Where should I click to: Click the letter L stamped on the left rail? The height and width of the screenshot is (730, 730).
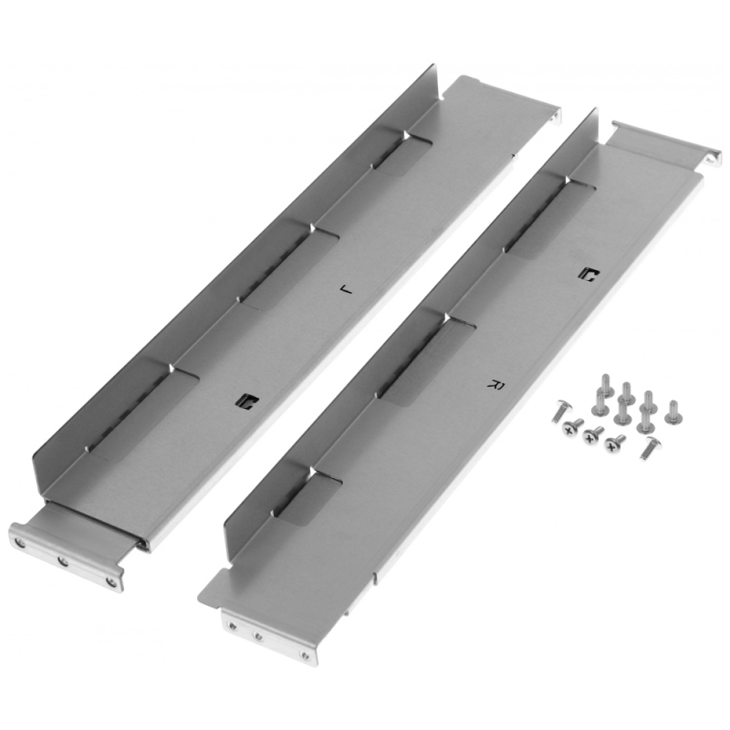[x=347, y=290]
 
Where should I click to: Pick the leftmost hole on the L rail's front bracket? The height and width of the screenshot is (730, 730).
[x=20, y=542]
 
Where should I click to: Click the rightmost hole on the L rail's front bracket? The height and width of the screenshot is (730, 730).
[x=110, y=581]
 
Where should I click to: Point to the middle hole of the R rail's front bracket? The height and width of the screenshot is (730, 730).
[x=257, y=635]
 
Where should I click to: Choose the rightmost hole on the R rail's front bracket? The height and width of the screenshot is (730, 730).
[x=305, y=655]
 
